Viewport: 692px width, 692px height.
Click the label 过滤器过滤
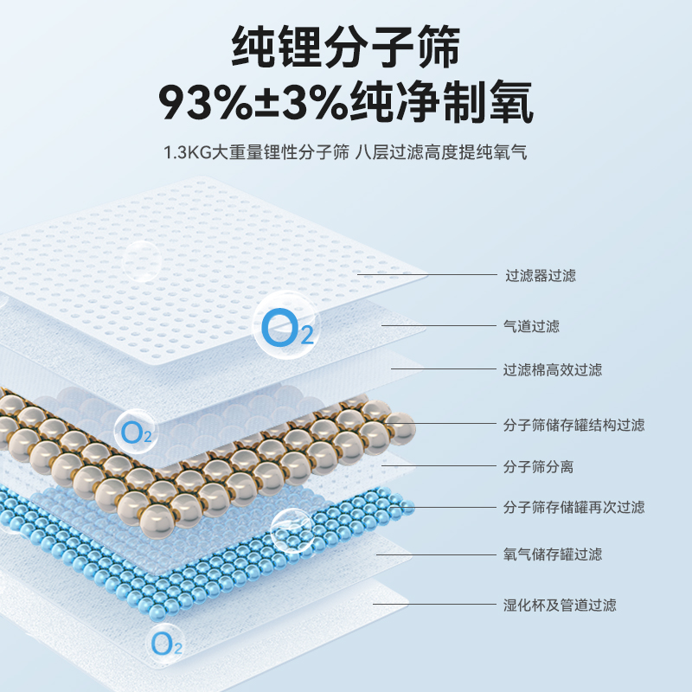click(540, 276)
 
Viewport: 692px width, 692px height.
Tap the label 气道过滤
click(532, 326)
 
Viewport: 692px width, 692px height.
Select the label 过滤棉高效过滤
click(553, 370)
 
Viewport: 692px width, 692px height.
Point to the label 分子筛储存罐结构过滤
click(573, 425)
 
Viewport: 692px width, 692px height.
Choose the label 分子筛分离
click(539, 467)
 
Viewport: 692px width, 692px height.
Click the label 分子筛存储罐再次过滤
click(573, 508)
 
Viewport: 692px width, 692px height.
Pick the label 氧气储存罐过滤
click(553, 554)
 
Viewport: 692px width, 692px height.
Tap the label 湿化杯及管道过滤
click(560, 605)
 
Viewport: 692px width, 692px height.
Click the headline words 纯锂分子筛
click(346, 47)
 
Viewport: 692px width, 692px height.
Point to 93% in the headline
click(202, 104)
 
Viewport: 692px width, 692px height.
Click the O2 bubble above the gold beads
click(137, 430)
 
